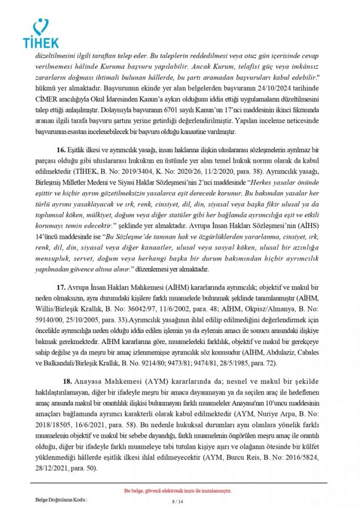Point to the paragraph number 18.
pyautogui.click(x=68, y=381)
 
